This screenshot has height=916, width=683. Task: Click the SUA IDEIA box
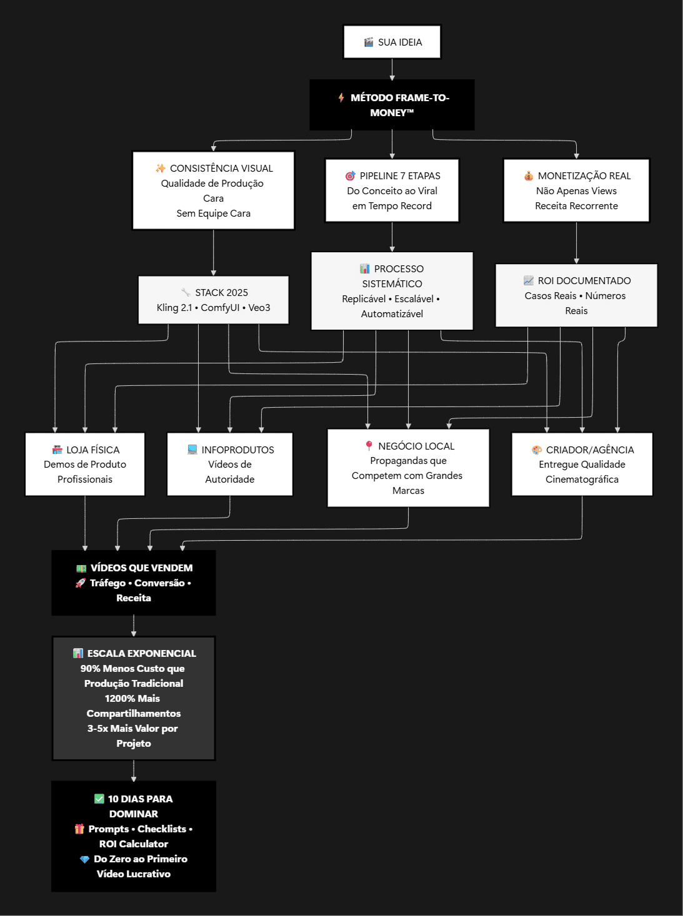coord(392,42)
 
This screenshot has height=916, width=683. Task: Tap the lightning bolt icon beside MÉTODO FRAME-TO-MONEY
coord(341,97)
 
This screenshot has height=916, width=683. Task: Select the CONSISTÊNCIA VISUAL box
coord(213,190)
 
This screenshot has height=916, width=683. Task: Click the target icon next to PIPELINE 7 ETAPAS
coord(350,176)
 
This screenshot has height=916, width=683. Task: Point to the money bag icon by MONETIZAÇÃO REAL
coord(529,176)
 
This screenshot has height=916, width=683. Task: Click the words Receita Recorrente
coord(576,206)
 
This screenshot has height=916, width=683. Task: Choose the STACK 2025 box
coord(213,300)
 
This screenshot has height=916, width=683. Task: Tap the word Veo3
coord(259,308)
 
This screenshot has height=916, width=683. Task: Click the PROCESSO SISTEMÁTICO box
coord(392,291)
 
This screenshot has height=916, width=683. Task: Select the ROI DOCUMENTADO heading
coord(584,281)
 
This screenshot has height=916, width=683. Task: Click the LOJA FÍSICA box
coord(85,464)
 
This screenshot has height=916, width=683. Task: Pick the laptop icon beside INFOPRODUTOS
coord(192,450)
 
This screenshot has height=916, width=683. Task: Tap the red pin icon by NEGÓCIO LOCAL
coord(369,446)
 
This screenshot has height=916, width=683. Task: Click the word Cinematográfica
coord(582,480)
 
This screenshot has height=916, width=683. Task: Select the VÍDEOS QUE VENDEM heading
coord(141,568)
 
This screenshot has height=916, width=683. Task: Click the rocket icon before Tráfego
coord(81,583)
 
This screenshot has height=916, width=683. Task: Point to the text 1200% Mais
coord(132,699)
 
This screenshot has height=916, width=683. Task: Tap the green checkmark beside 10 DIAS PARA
coord(99,799)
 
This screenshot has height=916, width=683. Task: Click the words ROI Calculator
coord(134,844)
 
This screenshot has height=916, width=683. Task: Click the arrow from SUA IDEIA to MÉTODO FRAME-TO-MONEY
coord(392,69)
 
